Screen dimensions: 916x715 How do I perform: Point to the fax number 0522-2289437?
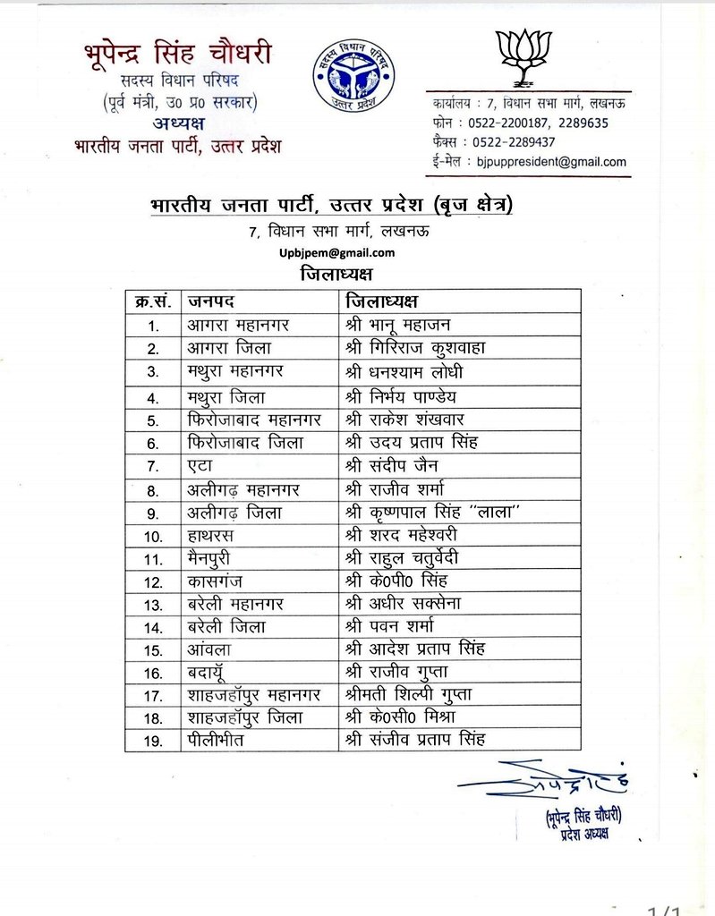507,142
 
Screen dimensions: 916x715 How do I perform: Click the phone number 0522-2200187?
507,123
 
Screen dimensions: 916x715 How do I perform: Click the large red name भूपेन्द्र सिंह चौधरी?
178,51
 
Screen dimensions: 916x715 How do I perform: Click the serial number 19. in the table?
153,739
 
